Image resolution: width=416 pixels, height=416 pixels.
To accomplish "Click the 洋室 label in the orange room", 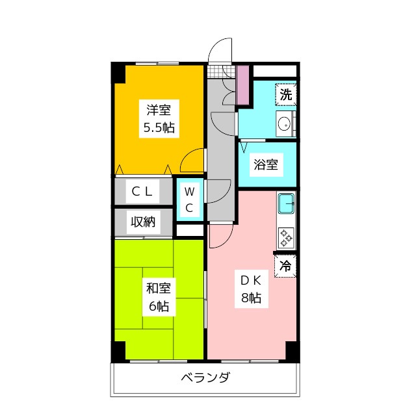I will (159, 110).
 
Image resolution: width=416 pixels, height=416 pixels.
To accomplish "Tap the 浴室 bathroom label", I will (266, 164).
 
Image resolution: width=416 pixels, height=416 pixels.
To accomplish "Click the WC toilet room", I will (188, 200).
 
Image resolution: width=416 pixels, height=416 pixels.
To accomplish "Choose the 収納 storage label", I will (144, 222).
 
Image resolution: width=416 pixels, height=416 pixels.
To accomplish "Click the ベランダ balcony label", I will (205, 378).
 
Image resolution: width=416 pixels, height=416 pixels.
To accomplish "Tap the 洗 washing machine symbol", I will (285, 94).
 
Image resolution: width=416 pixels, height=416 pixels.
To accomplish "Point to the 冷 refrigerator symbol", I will (285, 265).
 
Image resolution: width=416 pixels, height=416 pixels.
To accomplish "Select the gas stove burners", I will (285, 237).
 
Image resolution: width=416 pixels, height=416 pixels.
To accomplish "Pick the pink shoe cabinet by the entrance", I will (242, 84).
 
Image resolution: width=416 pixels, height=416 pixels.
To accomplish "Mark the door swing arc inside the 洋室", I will (193, 159).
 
